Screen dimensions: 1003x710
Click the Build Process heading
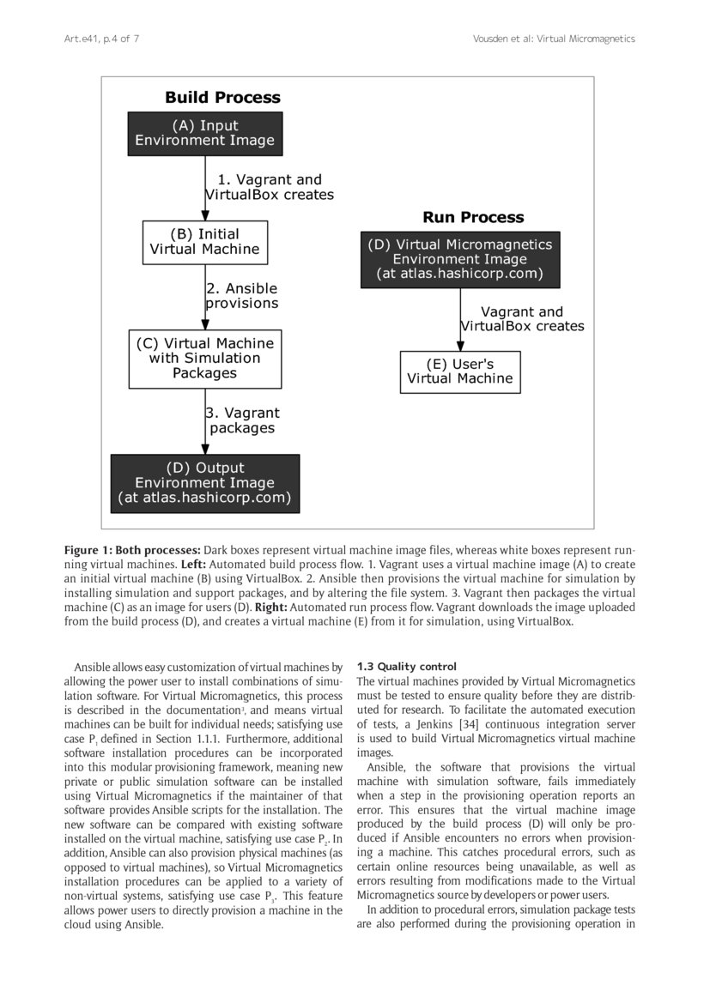point(222,98)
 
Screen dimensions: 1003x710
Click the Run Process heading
point(472,217)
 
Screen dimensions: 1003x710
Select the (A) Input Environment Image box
point(204,134)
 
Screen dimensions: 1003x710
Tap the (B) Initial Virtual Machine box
point(204,242)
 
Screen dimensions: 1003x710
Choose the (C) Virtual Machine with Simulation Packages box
point(204,359)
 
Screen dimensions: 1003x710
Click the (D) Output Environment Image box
point(204,483)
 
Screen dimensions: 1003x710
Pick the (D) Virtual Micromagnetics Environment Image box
point(459,259)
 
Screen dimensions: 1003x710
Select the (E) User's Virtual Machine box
point(459,372)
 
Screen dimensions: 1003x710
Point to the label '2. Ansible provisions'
point(242,296)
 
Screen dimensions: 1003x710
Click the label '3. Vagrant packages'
point(243,420)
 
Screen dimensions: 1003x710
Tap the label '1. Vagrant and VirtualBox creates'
point(269,187)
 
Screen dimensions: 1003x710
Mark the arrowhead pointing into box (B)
point(205,214)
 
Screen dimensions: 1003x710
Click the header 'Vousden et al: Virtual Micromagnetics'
point(554,39)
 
